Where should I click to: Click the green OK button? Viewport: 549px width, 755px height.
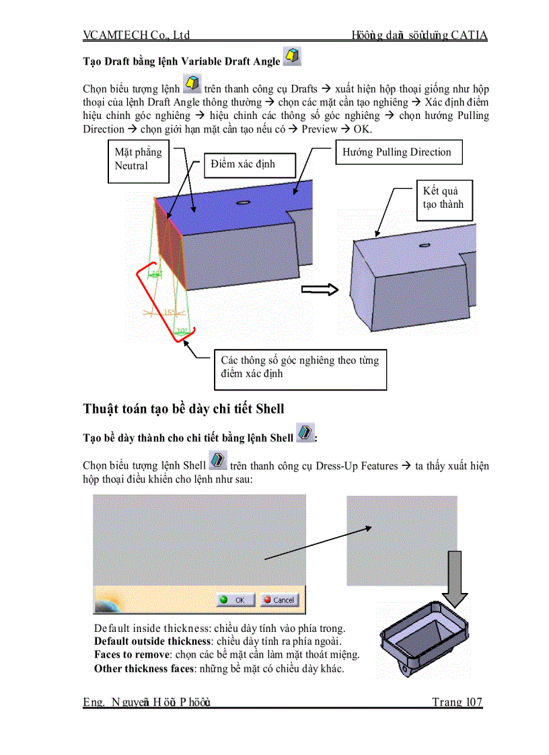coord(235,600)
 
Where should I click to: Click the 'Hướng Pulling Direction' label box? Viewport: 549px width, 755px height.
coord(398,153)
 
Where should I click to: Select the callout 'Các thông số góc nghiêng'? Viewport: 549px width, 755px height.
coord(299,367)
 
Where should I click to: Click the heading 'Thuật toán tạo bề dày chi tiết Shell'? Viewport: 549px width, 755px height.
coord(184,409)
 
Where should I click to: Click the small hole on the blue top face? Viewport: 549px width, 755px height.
coord(244,202)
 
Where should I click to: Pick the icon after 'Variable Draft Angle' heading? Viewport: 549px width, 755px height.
coord(292,57)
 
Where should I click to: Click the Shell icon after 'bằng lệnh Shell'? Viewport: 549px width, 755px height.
coord(305,433)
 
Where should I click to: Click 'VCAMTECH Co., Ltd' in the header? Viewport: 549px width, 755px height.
coord(137,35)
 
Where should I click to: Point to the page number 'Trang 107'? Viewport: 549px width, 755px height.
coord(457,703)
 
